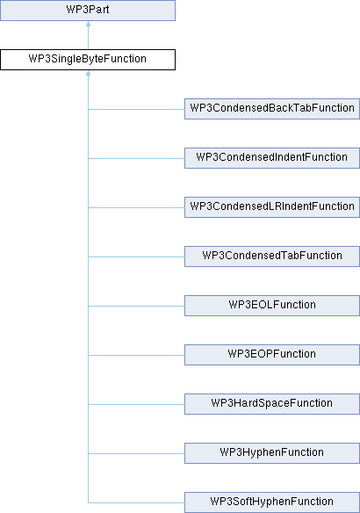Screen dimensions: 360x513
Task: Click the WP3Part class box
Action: (88, 11)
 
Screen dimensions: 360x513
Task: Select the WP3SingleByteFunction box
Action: (88, 60)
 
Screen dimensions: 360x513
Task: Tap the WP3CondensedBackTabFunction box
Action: (272, 109)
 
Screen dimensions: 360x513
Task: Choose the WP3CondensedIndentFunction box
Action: (272, 158)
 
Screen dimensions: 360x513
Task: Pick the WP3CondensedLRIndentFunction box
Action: (272, 207)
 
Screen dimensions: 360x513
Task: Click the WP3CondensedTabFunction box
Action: (272, 256)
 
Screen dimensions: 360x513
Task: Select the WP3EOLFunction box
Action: (272, 306)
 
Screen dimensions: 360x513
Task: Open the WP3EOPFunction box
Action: (272, 355)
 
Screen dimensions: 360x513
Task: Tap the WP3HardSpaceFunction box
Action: (272, 404)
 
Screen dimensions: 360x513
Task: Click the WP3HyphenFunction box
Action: (272, 453)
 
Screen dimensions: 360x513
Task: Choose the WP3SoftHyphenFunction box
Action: (272, 502)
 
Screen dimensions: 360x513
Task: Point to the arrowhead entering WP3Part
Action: (89, 24)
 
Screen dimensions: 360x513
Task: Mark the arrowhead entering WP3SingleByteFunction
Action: (89, 73)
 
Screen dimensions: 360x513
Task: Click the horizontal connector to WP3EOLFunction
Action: (136, 307)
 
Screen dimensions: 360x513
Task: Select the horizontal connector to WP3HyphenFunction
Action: (136, 453)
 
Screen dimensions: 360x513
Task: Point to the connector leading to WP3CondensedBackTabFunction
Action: (136, 109)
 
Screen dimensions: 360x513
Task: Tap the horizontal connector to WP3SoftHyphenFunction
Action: (136, 502)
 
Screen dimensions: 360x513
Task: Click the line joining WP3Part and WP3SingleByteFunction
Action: (89, 35)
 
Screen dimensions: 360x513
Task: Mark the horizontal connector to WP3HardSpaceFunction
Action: (136, 404)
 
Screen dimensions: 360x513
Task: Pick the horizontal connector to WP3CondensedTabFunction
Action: (136, 256)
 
